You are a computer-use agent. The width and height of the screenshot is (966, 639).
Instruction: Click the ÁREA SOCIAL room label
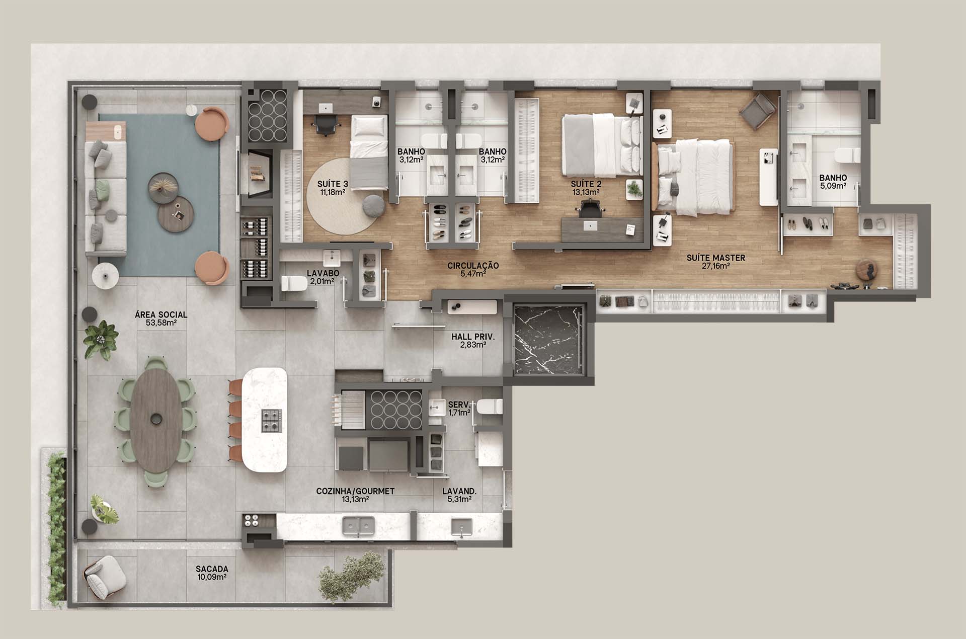pyautogui.click(x=161, y=314)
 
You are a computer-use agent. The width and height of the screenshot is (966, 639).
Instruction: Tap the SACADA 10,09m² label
pyautogui.click(x=212, y=573)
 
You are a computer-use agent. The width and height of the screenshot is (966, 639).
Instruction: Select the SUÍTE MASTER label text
pyautogui.click(x=716, y=258)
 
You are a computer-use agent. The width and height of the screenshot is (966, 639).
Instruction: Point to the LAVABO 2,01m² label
pyautogui.click(x=323, y=277)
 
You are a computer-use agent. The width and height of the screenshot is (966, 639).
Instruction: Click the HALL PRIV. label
pyautogui.click(x=473, y=337)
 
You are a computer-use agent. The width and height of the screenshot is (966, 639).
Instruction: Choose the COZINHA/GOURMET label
pyautogui.click(x=355, y=491)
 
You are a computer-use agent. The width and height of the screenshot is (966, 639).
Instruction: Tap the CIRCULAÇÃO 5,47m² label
pyautogui.click(x=473, y=269)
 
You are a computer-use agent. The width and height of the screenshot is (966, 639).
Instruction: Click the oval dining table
pyautogui.click(x=156, y=421)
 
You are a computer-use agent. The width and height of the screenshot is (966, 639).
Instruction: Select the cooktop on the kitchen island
pyautogui.click(x=271, y=421)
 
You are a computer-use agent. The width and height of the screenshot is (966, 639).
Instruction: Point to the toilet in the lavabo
pyautogui.click(x=294, y=284)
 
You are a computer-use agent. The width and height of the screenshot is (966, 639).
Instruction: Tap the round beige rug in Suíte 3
pyautogui.click(x=344, y=196)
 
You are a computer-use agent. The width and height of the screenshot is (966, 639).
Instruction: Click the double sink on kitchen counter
pyautogui.click(x=359, y=526)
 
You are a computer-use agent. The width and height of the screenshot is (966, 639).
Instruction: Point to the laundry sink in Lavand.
pyautogui.click(x=461, y=527)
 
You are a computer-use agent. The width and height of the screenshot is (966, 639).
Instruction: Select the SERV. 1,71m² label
pyautogui.click(x=459, y=408)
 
